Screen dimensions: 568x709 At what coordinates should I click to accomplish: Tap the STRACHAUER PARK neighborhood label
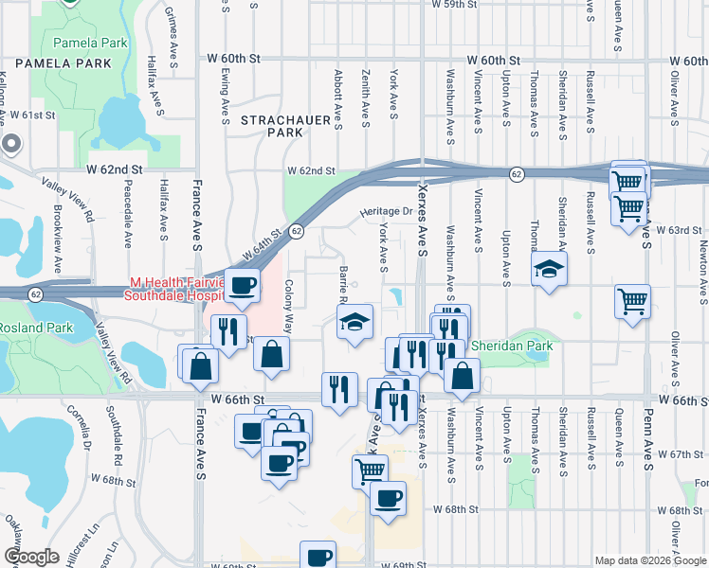272,127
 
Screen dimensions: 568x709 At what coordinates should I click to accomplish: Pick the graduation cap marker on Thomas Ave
549,269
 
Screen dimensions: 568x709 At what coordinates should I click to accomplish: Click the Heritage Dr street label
386,212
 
